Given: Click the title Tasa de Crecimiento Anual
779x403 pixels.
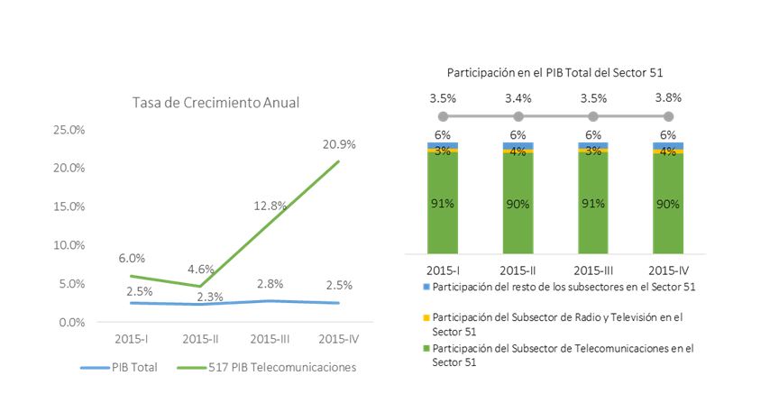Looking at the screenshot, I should tap(215, 103).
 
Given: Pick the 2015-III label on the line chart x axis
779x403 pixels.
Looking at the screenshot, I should tap(270, 339).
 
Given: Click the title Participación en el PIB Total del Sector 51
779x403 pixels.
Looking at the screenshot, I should tap(555, 71).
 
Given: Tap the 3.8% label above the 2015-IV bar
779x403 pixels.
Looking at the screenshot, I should tap(668, 97).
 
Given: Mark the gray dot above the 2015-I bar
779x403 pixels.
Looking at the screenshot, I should tap(443, 116).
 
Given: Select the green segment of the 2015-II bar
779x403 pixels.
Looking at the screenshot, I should tap(518, 203).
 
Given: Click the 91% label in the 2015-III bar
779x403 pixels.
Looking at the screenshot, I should tap(592, 203).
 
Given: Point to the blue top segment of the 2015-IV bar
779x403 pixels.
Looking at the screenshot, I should tap(668, 145).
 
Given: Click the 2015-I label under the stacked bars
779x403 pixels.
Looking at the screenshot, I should tap(443, 269).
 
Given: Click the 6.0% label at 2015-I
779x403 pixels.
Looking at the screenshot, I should tap(132, 258).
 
